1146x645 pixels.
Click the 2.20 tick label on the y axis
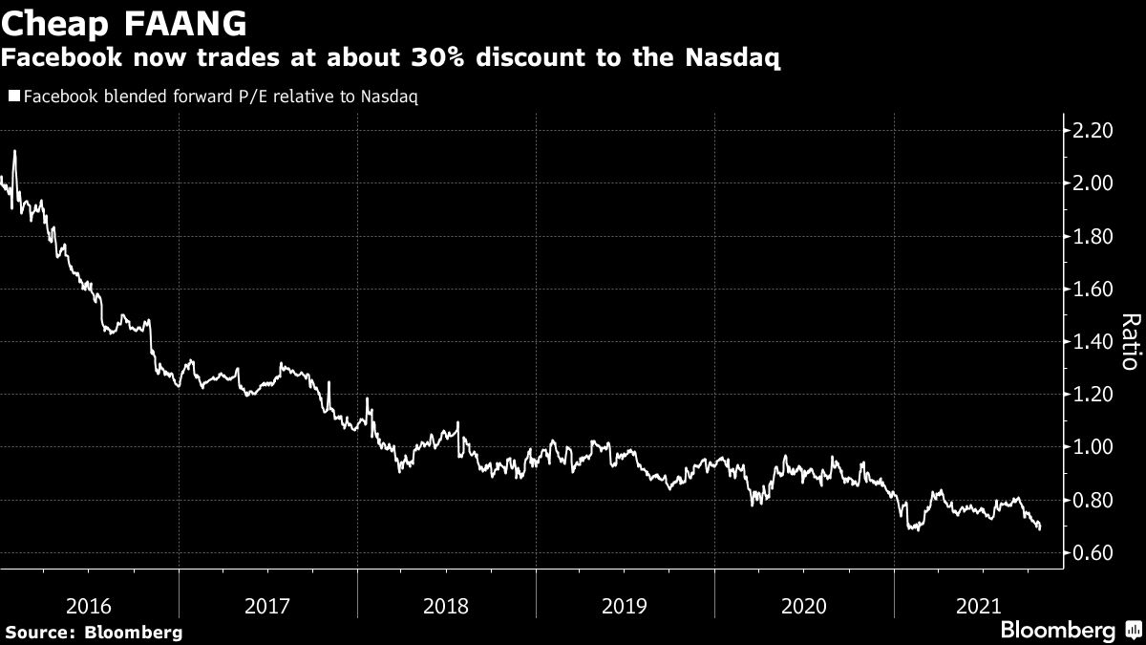point(1093,131)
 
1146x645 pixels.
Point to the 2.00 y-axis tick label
point(1093,183)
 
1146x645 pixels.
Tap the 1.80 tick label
point(1093,236)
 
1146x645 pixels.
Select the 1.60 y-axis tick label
point(1093,289)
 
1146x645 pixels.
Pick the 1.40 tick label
point(1093,341)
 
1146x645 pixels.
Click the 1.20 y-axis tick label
point(1093,395)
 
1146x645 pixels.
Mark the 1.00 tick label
point(1093,447)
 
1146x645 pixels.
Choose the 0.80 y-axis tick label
point(1093,500)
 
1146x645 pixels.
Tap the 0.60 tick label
point(1093,552)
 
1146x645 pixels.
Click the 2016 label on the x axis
point(90,606)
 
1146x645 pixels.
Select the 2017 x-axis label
point(268,606)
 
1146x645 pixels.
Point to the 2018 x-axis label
point(447,606)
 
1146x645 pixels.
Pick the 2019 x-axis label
point(626,606)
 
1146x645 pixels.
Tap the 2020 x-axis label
point(804,606)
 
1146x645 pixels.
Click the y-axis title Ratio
point(1130,341)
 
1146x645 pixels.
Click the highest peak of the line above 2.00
point(14,151)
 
